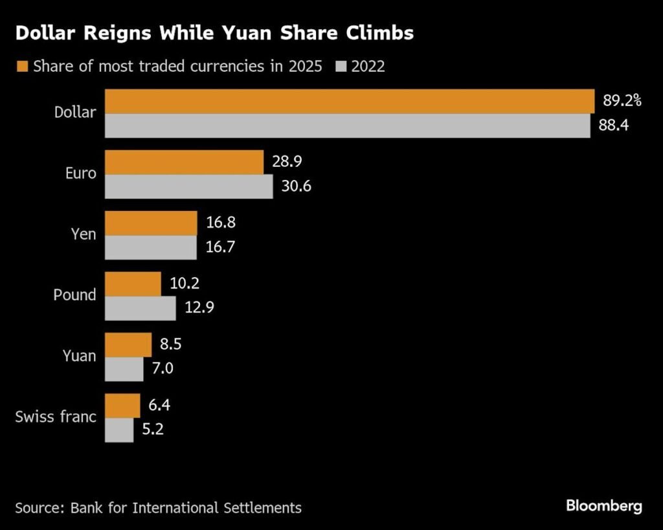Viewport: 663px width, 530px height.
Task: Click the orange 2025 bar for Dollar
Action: (x=350, y=102)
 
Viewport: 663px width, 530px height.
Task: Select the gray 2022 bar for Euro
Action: (x=188, y=186)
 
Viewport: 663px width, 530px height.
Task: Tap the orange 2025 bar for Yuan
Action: (x=128, y=345)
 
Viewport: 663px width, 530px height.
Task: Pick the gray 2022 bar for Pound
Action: (x=140, y=308)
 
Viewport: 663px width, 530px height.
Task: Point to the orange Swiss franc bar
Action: (x=122, y=406)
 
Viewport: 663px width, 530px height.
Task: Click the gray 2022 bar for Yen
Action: (x=151, y=247)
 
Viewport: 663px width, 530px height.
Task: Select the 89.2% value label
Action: (x=622, y=101)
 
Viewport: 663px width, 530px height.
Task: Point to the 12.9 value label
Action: (x=200, y=308)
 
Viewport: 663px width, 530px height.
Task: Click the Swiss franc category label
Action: (x=56, y=416)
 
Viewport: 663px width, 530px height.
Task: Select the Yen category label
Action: (x=83, y=234)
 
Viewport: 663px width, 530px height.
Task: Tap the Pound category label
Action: (x=74, y=294)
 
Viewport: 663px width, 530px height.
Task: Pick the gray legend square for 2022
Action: (x=341, y=66)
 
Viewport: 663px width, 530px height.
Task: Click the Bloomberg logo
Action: (x=603, y=505)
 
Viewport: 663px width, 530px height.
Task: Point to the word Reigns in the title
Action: (x=120, y=34)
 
